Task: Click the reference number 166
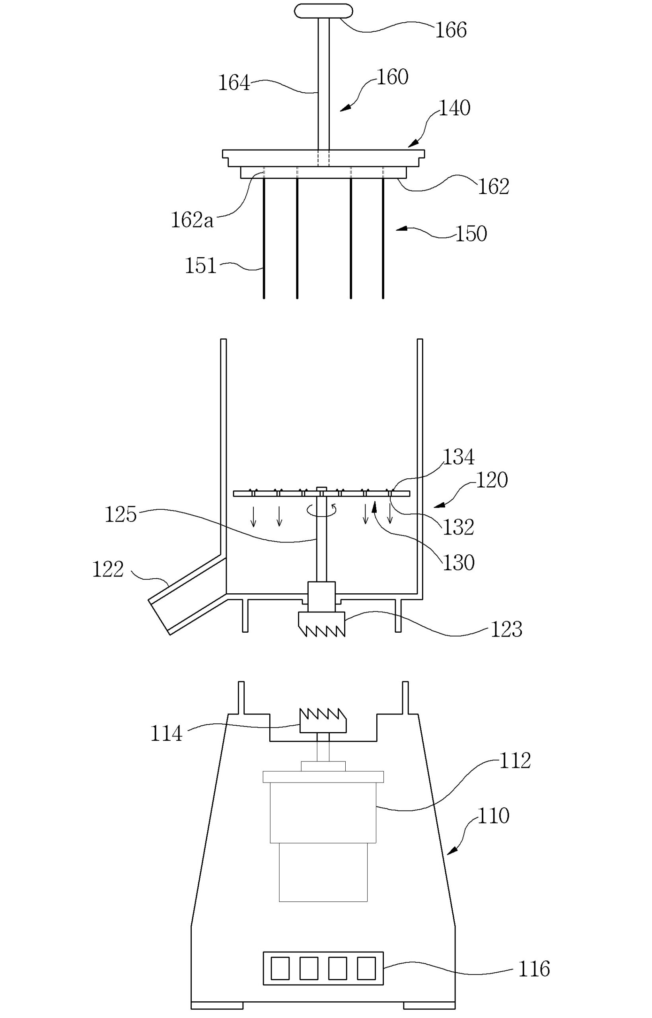[x=452, y=30]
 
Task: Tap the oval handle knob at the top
[x=323, y=11]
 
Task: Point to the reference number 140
[x=455, y=108]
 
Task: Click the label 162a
[x=192, y=220]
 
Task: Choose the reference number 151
[x=200, y=266]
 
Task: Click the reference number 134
[x=459, y=457]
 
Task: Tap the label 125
[x=121, y=515]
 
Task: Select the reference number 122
[x=108, y=569]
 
